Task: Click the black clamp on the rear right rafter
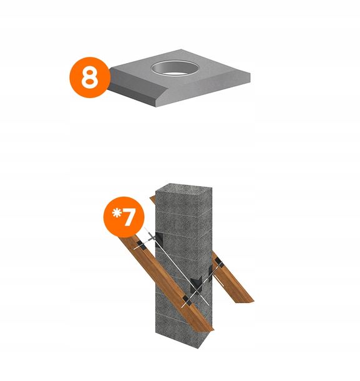tap(219, 266)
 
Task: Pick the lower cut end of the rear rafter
tap(246, 300)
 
